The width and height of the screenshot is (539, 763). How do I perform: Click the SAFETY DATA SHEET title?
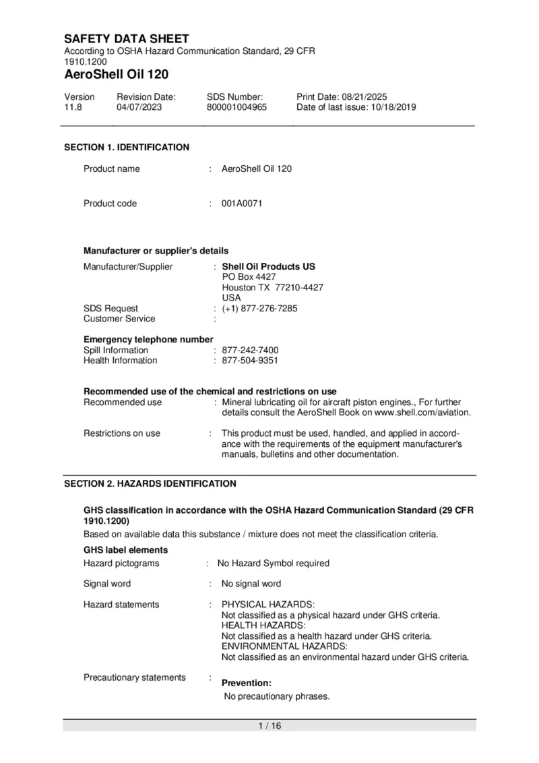[127, 39]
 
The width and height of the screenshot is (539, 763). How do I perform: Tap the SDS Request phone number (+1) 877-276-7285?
[259, 309]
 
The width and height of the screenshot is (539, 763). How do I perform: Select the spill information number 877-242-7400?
[250, 350]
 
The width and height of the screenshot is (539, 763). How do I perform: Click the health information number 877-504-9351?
[250, 361]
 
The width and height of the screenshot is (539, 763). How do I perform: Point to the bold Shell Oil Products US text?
[268, 267]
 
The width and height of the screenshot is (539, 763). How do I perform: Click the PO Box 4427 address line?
[249, 277]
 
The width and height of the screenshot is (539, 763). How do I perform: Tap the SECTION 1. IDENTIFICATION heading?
[127, 147]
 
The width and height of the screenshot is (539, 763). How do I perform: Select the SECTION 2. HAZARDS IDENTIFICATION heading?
[150, 484]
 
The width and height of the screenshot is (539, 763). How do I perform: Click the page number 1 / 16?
[269, 726]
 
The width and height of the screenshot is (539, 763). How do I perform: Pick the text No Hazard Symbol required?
[273, 563]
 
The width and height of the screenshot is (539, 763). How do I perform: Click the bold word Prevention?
[247, 683]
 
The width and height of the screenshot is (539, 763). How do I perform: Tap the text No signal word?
[251, 584]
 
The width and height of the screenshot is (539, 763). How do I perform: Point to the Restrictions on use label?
[122, 433]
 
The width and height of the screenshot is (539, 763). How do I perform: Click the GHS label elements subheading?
[126, 550]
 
